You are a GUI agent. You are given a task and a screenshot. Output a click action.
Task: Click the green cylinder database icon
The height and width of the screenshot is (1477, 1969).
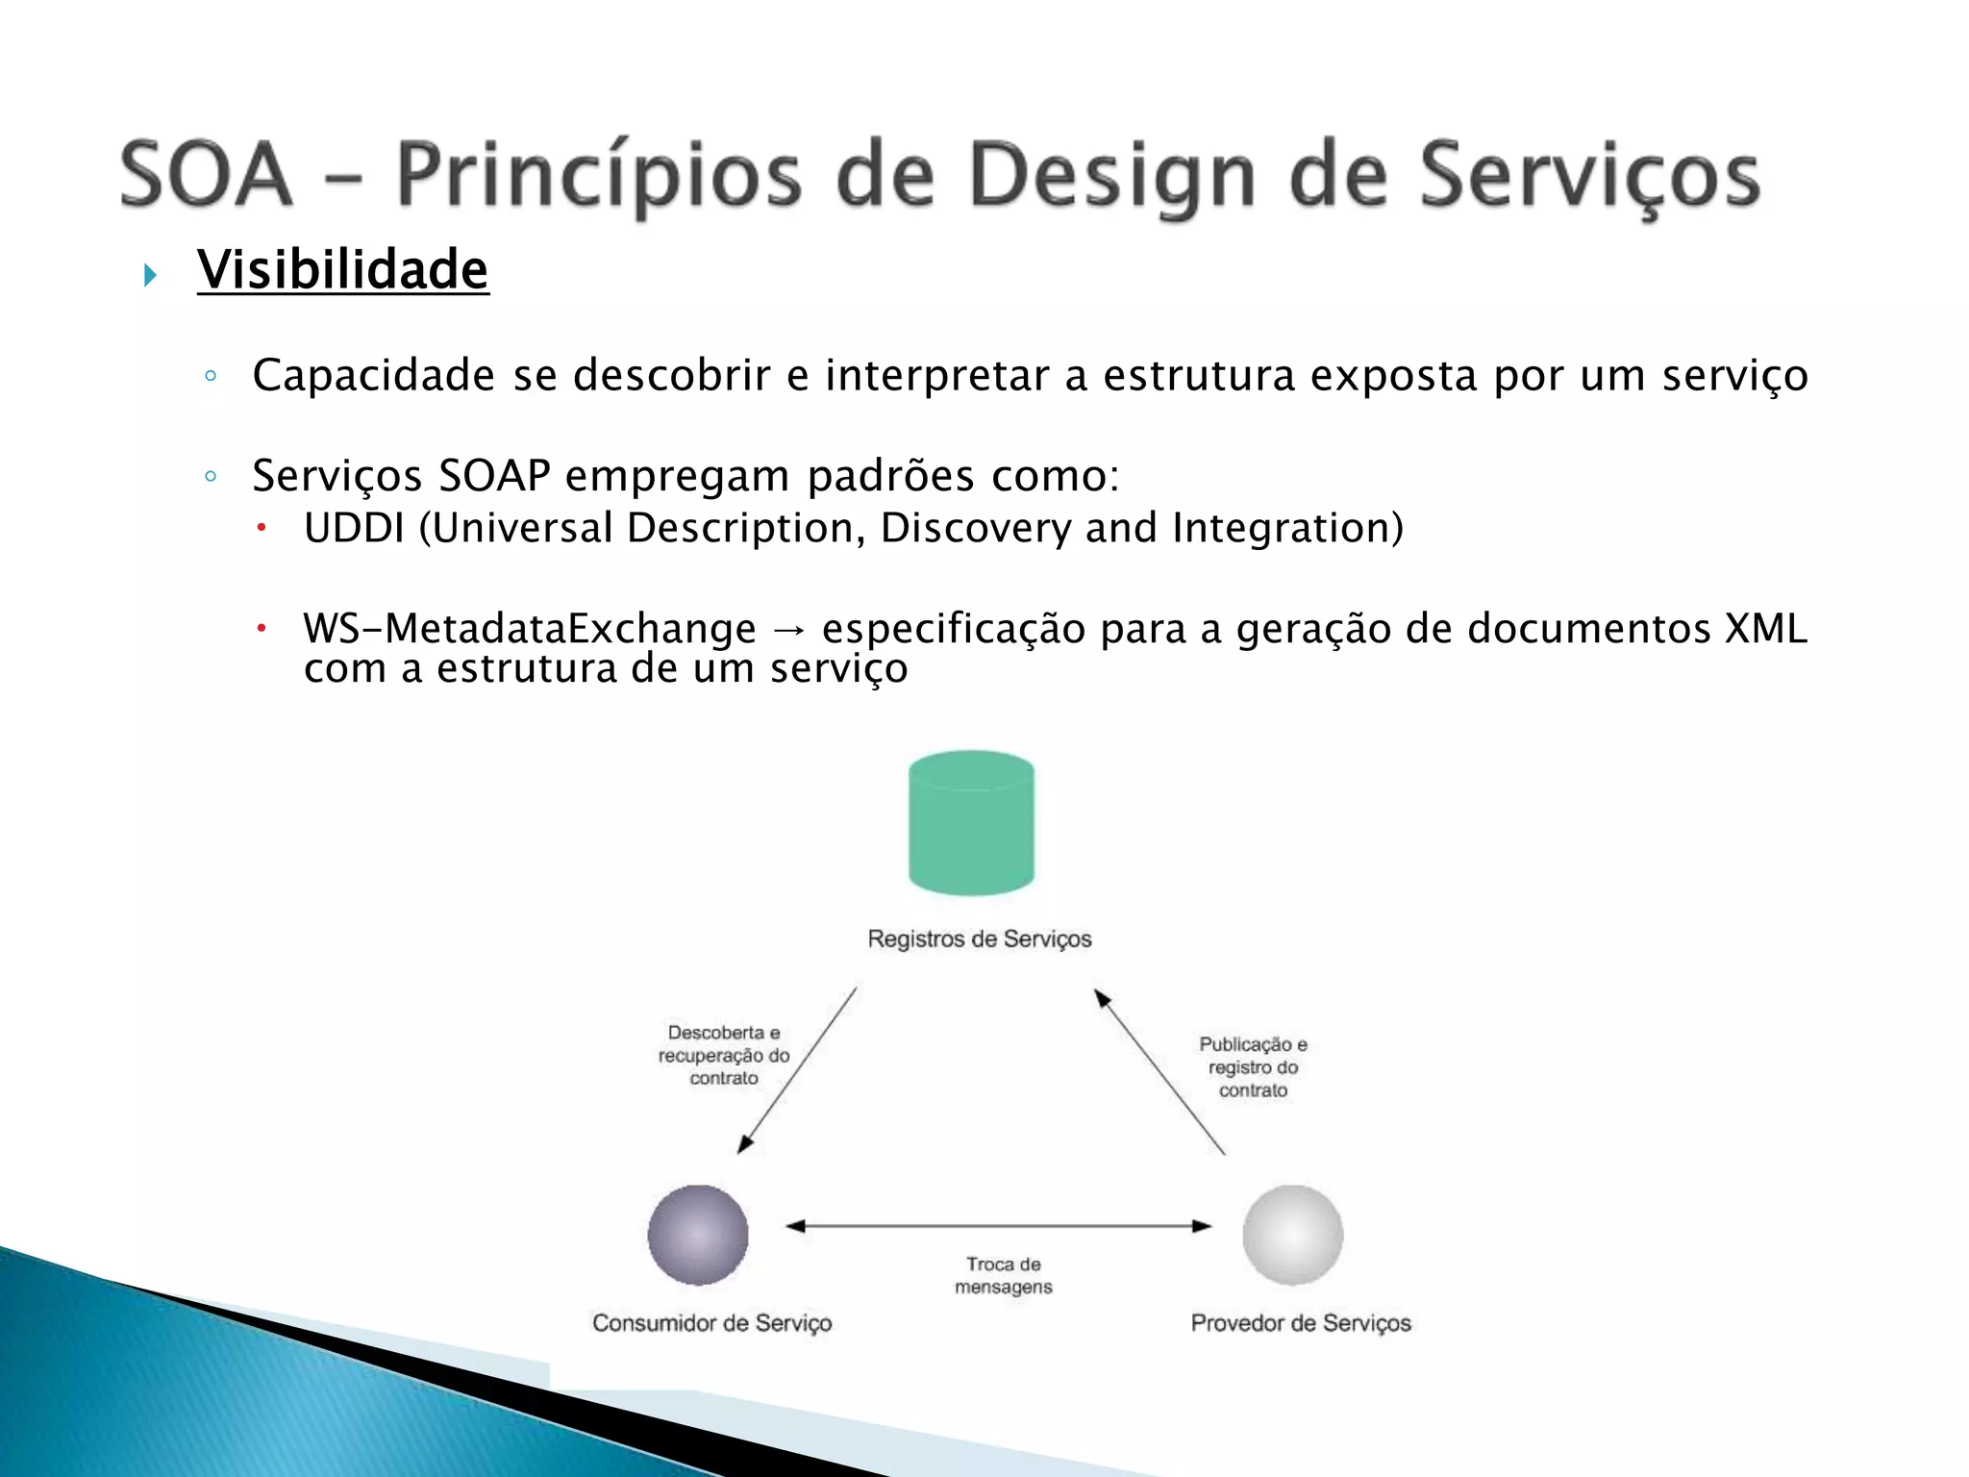tap(971, 823)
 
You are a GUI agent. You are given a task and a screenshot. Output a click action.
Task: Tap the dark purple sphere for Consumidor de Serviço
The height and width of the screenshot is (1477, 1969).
tap(698, 1235)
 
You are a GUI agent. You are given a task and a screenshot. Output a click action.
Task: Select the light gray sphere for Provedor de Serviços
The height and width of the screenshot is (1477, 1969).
tap(1292, 1235)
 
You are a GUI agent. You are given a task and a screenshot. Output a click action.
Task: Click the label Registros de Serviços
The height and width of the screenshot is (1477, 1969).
tap(979, 939)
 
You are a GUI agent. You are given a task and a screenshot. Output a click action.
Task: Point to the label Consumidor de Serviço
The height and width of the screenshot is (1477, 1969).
tap(711, 1323)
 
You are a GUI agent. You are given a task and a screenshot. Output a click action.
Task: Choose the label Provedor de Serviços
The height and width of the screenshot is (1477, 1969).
tap(1300, 1323)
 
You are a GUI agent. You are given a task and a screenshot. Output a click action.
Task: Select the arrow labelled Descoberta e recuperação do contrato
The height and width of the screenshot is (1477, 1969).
tap(797, 1070)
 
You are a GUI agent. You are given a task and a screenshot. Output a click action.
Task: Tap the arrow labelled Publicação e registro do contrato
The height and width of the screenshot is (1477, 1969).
tap(1159, 1071)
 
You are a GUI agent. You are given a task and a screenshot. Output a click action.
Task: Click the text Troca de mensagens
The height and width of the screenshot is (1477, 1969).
tap(1003, 1276)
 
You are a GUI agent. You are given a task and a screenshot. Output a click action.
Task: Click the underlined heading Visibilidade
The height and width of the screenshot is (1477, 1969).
tap(343, 269)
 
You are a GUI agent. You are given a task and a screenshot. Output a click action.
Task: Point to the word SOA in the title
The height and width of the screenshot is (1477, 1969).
tap(206, 174)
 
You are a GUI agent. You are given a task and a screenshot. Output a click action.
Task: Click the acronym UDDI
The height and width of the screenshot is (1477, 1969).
tap(354, 528)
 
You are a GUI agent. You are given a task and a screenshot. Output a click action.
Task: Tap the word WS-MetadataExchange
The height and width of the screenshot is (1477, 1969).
tap(530, 629)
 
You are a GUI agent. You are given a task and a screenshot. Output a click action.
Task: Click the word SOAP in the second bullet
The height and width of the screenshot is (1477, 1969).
tap(494, 475)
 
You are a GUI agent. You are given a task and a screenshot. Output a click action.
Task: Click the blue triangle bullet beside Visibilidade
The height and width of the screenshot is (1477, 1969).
tap(150, 276)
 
